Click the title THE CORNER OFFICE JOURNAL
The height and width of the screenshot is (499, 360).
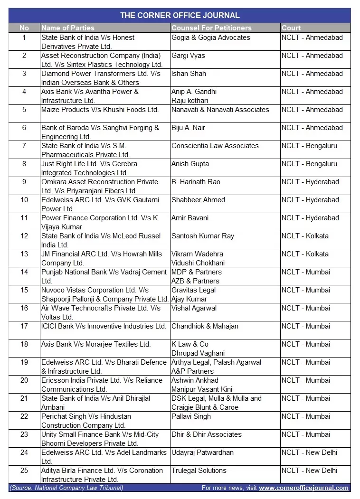(x=180, y=16)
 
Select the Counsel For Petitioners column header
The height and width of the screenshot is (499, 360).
(x=211, y=28)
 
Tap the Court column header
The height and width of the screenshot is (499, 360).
(x=291, y=28)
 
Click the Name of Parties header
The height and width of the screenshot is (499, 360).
(x=68, y=28)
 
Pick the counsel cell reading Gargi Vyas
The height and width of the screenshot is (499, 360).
(x=189, y=56)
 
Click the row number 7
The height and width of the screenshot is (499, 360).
(x=24, y=146)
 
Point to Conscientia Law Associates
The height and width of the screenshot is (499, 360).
(x=215, y=146)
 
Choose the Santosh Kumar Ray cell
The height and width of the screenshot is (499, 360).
(x=203, y=236)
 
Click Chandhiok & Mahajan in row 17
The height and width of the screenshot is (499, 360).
(x=205, y=326)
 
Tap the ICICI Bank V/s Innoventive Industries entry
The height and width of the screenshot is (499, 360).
(x=104, y=326)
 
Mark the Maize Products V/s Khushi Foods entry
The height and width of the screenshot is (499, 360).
(x=100, y=110)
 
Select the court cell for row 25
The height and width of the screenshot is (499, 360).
(x=309, y=471)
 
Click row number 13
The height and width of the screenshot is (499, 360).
(x=24, y=254)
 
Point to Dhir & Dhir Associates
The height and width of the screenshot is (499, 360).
(x=207, y=434)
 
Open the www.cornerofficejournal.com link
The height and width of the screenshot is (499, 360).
(x=303, y=488)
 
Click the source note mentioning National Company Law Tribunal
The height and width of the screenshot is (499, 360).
(x=66, y=488)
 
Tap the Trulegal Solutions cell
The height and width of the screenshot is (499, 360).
(x=199, y=471)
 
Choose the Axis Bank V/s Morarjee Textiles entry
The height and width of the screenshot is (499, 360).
(x=96, y=344)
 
